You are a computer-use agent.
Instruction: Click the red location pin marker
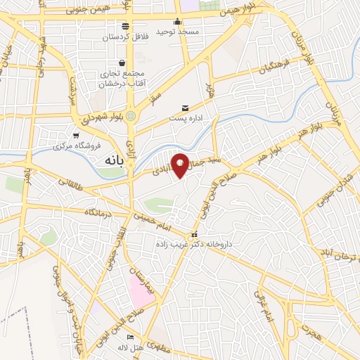coord(180,165)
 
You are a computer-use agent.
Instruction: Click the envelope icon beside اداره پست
coord(185,108)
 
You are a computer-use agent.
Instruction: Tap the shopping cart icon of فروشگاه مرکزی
coord(76,135)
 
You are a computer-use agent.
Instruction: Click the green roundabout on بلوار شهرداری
coord(131,116)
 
